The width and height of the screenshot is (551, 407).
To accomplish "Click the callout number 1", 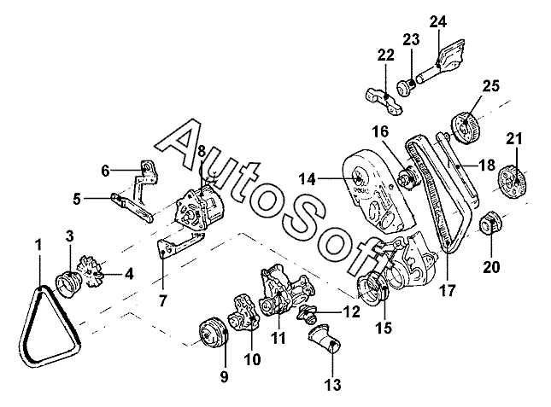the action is click(38, 245).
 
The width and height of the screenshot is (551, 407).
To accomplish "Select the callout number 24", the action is click(438, 22).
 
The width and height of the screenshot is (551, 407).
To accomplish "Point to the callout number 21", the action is click(514, 139).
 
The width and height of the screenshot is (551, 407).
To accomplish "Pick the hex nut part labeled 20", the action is click(491, 224).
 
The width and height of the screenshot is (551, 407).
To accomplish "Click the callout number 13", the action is click(332, 385).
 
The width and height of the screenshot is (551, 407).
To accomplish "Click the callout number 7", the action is click(162, 300).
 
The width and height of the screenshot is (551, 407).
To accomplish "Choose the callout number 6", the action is click(105, 171).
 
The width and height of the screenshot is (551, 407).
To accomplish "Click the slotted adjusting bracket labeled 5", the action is click(132, 207).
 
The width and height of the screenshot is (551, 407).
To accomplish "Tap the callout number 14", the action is click(308, 179).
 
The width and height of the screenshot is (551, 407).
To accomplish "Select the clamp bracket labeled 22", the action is click(385, 102).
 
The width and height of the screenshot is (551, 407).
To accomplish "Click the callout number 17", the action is click(448, 290).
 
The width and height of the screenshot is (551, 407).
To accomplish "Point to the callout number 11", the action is click(278, 338).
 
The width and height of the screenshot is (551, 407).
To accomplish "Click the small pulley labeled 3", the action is click(69, 284).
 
